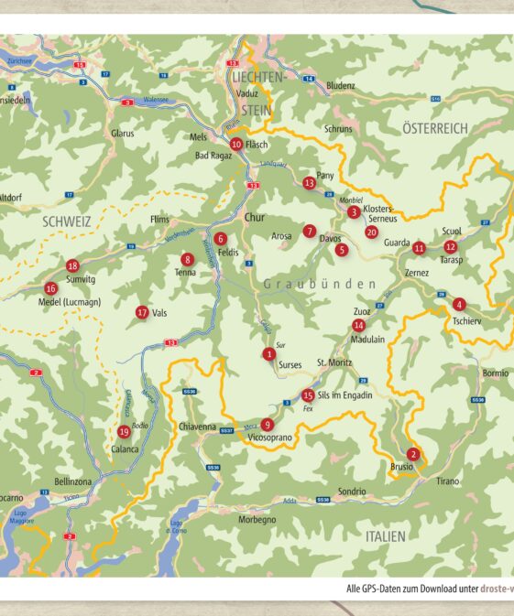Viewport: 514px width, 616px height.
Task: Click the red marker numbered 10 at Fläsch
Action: click(x=236, y=144)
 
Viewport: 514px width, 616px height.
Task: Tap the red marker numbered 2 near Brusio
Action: click(x=413, y=454)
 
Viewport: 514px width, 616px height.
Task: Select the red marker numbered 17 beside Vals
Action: click(x=142, y=312)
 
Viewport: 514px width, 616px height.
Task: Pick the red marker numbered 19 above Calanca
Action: click(x=124, y=432)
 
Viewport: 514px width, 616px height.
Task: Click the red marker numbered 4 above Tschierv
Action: click(x=459, y=304)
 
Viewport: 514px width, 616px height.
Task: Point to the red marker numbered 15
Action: click(x=308, y=395)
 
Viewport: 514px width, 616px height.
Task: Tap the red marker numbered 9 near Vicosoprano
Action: click(x=267, y=424)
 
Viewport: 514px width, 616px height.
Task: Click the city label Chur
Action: click(x=255, y=218)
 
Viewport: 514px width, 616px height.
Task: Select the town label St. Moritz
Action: click(x=334, y=363)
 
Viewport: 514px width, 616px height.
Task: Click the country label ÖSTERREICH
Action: click(x=435, y=129)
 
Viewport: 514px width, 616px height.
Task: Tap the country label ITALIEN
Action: click(x=385, y=535)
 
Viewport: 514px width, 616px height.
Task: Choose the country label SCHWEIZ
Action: click(x=65, y=221)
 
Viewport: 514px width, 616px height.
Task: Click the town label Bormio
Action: click(x=494, y=373)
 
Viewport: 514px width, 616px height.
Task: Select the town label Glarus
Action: click(x=123, y=134)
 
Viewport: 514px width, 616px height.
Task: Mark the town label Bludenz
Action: click(x=340, y=85)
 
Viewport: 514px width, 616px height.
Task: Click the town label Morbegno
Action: click(x=257, y=520)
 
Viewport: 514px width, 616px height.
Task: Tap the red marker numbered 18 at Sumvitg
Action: click(x=73, y=265)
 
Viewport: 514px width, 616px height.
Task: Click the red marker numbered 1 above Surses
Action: click(x=268, y=353)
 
